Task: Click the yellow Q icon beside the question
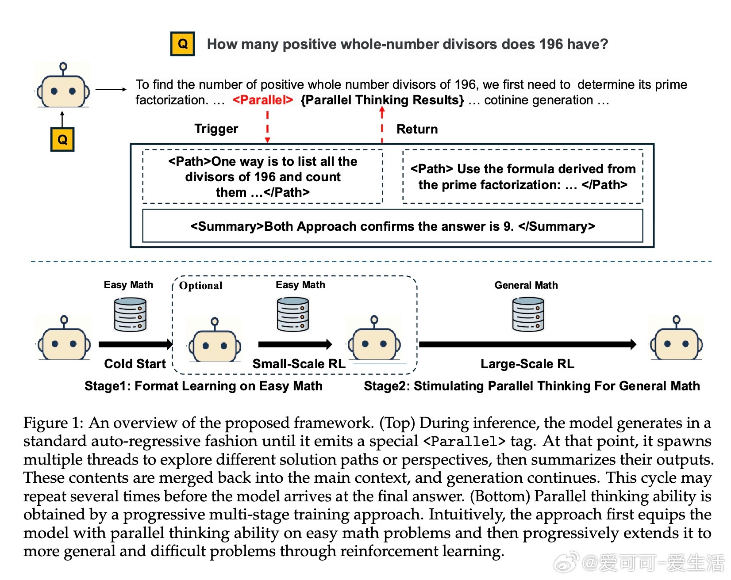point(183,44)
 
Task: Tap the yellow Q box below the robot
point(62,140)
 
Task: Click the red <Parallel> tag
point(263,100)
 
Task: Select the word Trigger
point(216,129)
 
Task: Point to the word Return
point(417,129)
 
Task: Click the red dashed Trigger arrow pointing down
point(267,126)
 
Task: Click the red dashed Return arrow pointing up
point(382,126)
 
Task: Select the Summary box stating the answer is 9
point(392,226)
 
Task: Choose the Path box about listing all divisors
point(262,176)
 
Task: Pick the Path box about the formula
point(523,176)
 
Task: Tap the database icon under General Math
point(528,314)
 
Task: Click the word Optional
point(201,286)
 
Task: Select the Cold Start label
point(135,364)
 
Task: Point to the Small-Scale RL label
point(299,364)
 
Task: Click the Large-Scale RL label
point(527,364)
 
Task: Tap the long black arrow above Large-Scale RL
point(528,344)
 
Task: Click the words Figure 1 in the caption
point(53,423)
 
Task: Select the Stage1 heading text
point(204,386)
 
